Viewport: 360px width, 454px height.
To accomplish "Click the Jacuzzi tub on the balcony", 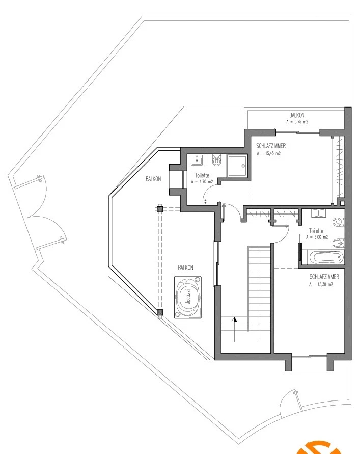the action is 188,298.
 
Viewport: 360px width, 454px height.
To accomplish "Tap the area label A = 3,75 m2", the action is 297,122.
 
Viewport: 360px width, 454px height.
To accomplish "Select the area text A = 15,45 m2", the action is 268,154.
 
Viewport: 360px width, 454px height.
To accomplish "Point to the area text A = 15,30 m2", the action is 321,284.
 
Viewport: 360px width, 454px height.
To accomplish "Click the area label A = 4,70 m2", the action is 202,182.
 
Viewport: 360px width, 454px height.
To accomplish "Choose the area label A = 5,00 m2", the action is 317,237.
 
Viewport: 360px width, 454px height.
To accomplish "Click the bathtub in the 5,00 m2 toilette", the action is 326,257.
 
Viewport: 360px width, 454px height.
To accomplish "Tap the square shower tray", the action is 237,166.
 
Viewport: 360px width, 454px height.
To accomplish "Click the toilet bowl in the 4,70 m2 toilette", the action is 216,160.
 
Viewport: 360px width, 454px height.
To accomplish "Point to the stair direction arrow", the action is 234,319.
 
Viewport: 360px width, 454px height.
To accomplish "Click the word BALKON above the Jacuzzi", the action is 185,268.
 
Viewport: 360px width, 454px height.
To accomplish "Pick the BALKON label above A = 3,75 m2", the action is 297,115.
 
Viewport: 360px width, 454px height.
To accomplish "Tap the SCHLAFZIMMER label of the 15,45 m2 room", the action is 271,146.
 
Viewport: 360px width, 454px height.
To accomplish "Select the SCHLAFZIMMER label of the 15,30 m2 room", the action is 324,277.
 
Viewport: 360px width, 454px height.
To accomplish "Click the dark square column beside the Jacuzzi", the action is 160,312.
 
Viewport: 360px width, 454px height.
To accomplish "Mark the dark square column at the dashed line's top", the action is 160,209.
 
